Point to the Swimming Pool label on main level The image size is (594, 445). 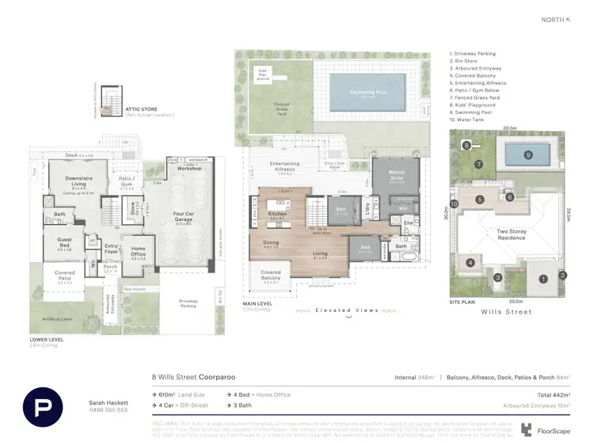coord(364,93)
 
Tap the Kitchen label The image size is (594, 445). coord(276,215)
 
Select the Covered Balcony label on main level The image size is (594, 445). coord(270,275)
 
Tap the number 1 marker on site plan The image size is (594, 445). coord(543,278)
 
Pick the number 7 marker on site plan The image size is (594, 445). coord(478,165)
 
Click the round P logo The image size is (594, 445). coord(43,408)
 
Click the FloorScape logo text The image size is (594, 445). coord(548,431)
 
